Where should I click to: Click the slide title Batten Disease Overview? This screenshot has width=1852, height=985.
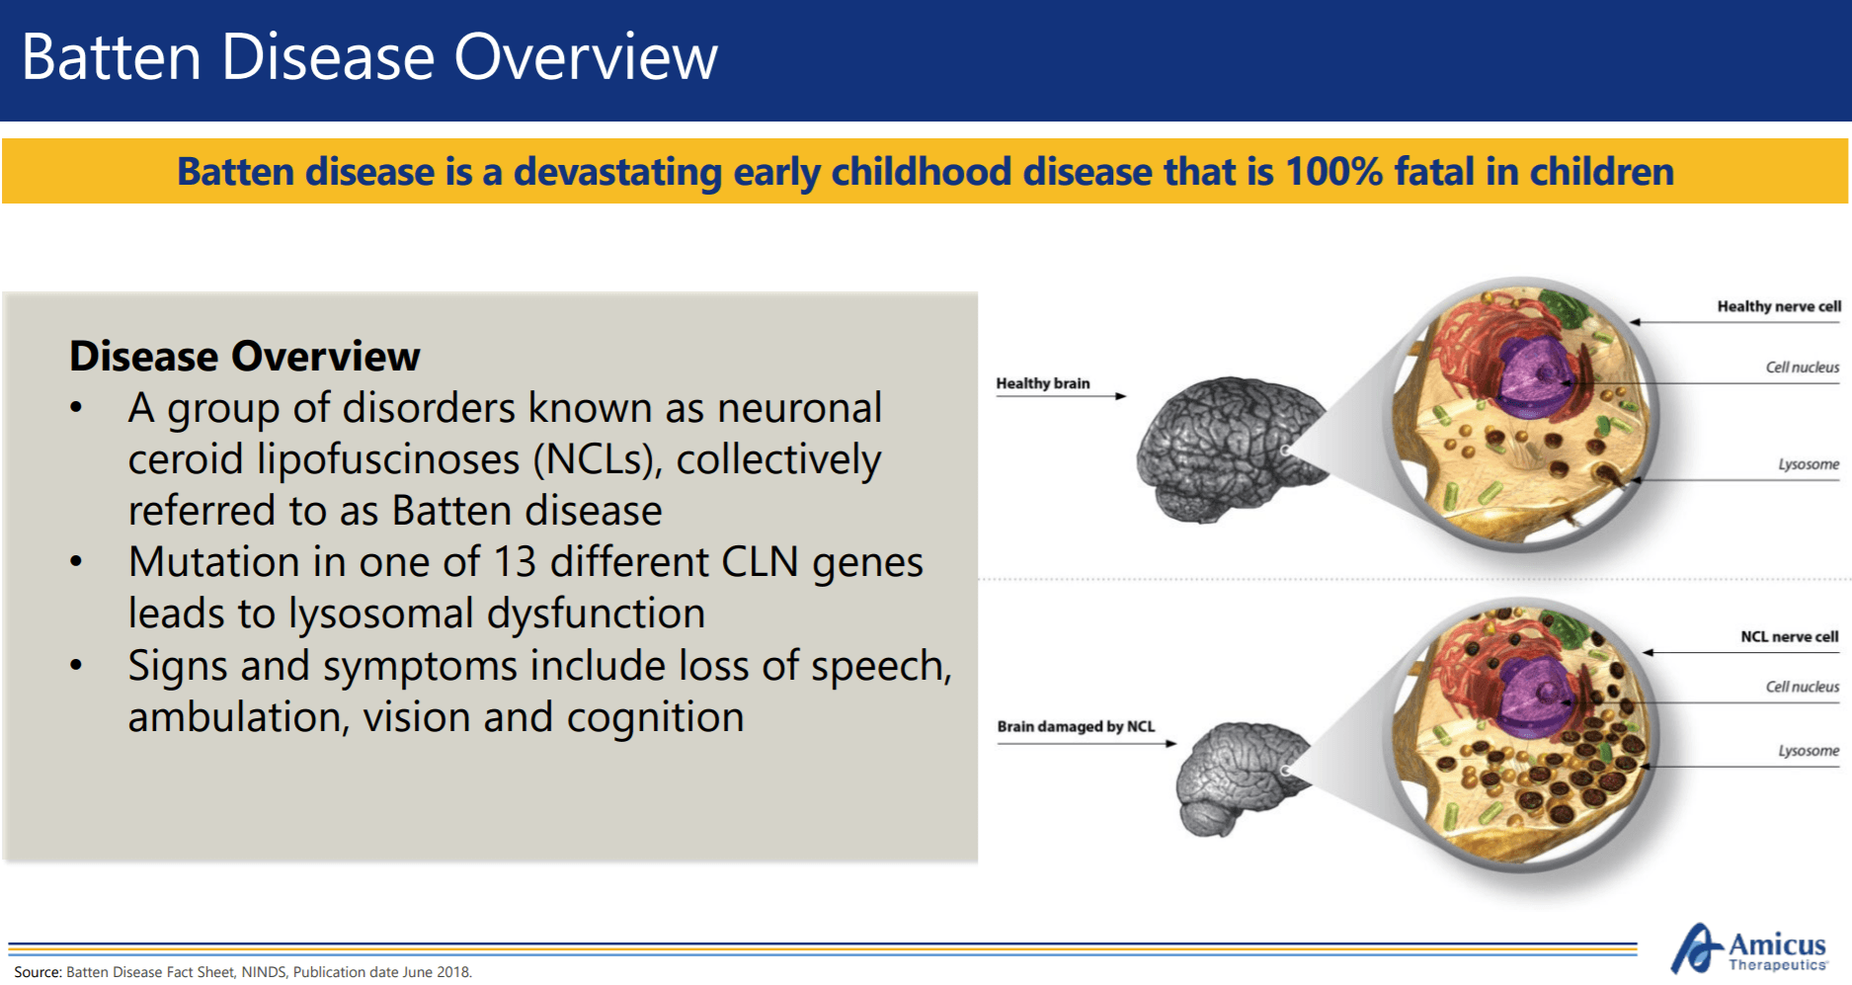369,57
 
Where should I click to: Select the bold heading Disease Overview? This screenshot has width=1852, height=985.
245,357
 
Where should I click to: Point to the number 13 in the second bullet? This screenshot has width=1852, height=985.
515,562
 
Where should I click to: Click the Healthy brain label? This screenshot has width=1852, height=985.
1043,383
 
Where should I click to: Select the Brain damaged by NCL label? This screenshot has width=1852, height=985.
1076,726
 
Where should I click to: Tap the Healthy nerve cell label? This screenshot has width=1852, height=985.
1779,306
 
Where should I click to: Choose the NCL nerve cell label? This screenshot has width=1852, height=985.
1790,637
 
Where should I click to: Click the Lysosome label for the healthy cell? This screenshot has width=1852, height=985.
1809,464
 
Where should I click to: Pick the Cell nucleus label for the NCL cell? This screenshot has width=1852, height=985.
1803,687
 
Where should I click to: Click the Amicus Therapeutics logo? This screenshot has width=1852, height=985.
1748,949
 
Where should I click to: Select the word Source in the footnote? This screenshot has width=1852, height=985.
37,972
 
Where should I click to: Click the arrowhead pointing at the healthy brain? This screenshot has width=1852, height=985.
1120,396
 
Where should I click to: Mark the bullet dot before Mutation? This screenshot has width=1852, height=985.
76,562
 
